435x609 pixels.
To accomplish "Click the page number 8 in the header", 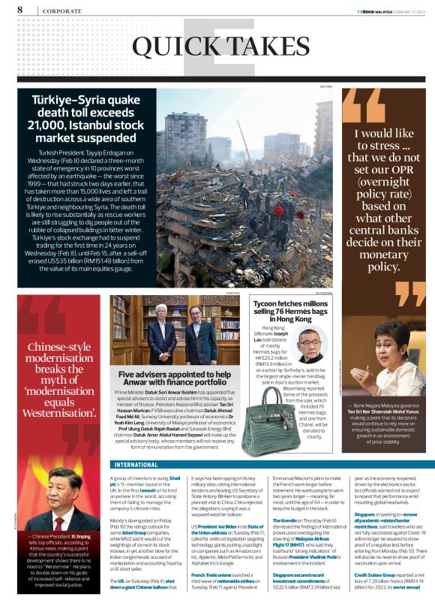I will point(19,9).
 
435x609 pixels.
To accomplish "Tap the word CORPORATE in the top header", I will point(62,11).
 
